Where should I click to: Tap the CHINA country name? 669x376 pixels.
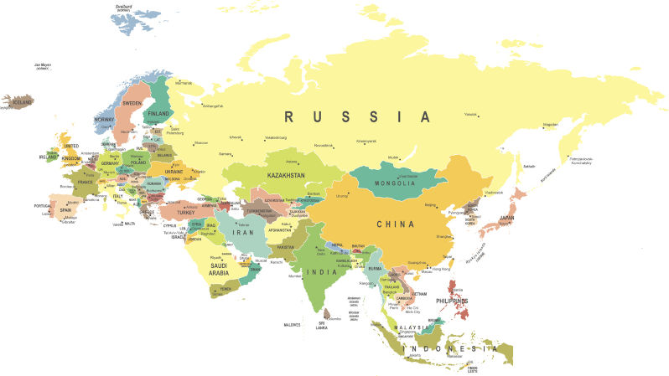(395, 224)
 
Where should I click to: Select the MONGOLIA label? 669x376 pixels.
(395, 183)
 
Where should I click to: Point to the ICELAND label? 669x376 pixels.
(22, 102)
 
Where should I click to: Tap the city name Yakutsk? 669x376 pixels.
(471, 114)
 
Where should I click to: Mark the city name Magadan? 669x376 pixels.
(550, 124)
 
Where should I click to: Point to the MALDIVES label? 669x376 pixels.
(292, 324)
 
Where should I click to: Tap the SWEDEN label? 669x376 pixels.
(132, 103)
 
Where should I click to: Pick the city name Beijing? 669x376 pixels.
(432, 204)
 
